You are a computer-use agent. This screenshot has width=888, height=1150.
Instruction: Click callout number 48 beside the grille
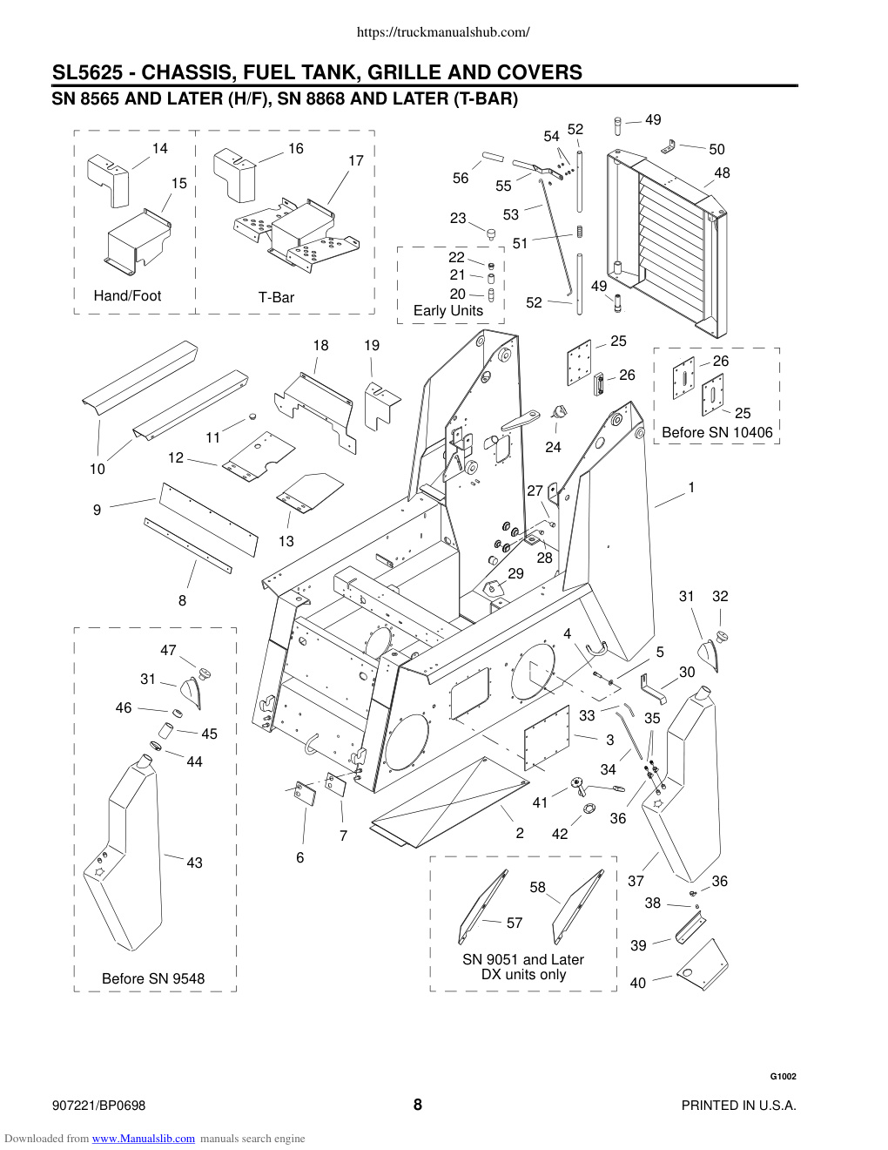[x=722, y=172]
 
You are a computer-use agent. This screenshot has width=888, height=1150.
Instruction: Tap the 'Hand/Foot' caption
[x=127, y=296]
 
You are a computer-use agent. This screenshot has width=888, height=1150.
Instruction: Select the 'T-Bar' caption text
[x=276, y=297]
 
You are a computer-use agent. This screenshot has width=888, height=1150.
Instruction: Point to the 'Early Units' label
[x=448, y=311]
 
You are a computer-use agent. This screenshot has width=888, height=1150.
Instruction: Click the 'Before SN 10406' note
[x=717, y=432]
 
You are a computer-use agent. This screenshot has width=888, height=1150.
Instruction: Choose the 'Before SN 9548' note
[x=153, y=978]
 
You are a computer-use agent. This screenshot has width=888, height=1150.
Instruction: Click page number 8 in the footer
[x=418, y=1105]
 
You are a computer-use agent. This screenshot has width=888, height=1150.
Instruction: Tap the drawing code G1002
[x=783, y=1076]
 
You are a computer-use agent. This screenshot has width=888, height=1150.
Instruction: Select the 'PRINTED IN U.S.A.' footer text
[x=739, y=1106]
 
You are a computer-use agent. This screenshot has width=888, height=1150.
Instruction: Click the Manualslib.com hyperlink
[x=144, y=1139]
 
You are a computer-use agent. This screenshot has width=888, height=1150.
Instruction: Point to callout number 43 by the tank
[x=195, y=863]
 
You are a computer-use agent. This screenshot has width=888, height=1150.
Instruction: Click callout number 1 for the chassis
[x=691, y=487]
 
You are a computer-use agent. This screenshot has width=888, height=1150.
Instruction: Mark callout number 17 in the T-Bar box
[x=356, y=160]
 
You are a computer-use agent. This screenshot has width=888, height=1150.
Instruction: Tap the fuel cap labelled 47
[x=205, y=673]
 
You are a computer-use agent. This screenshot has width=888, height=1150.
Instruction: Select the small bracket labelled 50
[x=669, y=146]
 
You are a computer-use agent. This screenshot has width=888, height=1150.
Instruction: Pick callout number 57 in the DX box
[x=515, y=923]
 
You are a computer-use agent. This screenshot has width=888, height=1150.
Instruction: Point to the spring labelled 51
[x=580, y=232]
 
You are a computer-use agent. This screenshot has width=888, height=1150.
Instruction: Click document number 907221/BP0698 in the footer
[x=98, y=1106]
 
